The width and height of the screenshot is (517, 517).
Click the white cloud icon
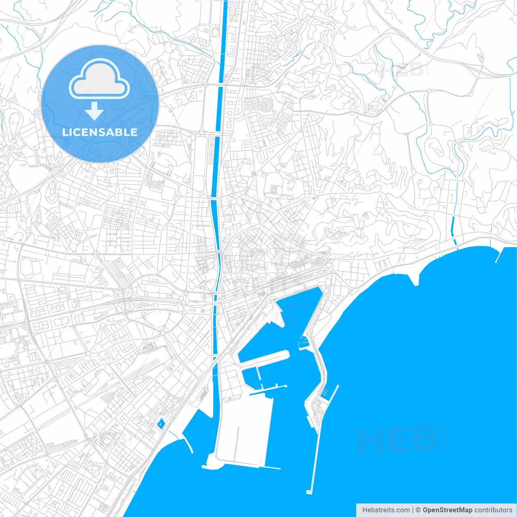[99, 79]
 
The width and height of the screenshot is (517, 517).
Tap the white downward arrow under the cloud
[94, 111]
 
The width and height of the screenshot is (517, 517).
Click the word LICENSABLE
[100, 132]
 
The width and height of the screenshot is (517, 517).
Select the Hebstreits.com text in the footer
[386, 510]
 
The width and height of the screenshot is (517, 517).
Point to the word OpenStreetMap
[447, 510]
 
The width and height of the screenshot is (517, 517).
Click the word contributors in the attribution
[493, 510]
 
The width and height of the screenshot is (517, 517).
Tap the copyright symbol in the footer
[418, 510]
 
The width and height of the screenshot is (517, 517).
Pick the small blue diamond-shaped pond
[161, 424]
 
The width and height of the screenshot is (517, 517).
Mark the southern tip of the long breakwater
[309, 492]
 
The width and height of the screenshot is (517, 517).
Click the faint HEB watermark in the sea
[398, 439]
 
